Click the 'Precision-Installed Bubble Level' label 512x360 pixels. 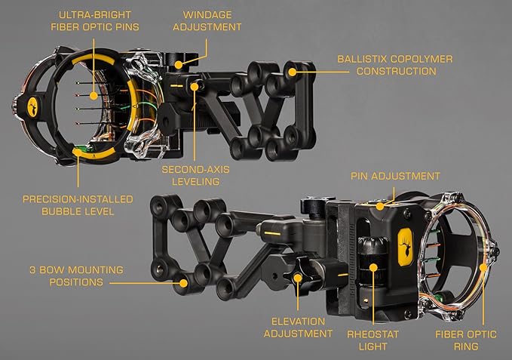tap(78, 205)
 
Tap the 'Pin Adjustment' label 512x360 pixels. tap(395, 176)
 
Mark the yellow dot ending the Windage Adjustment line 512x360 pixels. tap(179, 65)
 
